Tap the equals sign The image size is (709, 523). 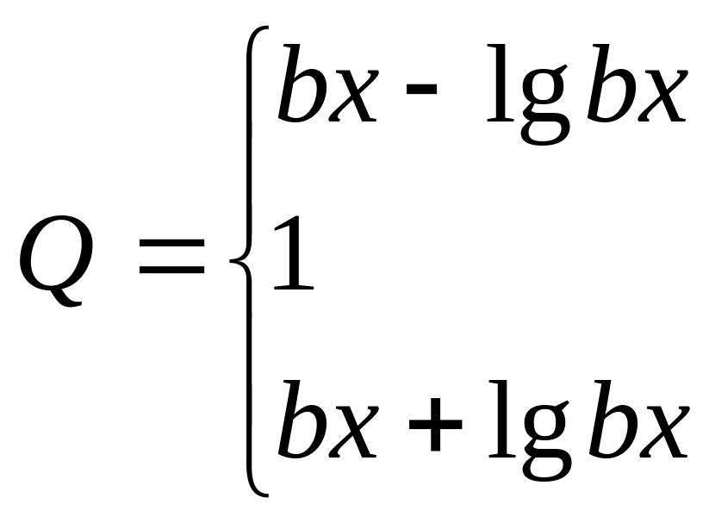click(171, 258)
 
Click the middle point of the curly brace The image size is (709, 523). click(236, 259)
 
